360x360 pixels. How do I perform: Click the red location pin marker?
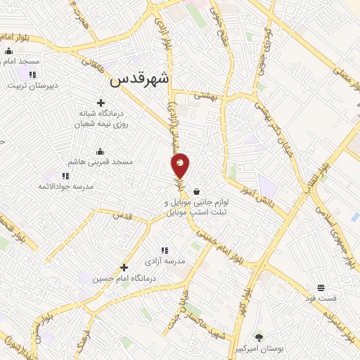coord(181,165)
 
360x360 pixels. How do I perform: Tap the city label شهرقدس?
coord(141,81)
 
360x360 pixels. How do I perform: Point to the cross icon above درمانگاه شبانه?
coord(101,103)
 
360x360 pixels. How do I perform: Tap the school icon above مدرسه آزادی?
coord(165,250)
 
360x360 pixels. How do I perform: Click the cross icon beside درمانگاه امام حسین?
coord(124,267)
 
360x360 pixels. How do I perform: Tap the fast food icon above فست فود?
coord(321,288)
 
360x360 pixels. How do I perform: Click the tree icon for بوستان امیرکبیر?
coord(259,337)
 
